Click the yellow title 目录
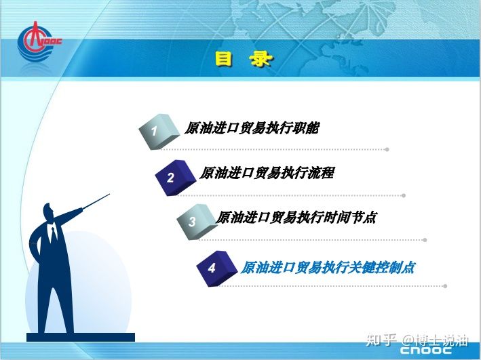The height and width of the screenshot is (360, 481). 244,58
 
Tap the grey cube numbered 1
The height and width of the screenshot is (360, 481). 159,132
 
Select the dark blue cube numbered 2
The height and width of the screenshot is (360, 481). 176,178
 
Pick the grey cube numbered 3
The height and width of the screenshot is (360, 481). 197,222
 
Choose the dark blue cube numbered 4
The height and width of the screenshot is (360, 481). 217,268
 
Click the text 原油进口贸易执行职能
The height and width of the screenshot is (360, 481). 252,128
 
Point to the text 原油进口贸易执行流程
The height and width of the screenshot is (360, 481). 267,173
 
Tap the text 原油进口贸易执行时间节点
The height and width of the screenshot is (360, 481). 296,218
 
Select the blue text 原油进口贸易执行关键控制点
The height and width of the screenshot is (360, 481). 328,267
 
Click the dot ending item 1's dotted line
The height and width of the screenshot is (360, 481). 387,149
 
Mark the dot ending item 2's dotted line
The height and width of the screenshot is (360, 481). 404,195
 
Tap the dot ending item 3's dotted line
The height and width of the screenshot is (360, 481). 425,240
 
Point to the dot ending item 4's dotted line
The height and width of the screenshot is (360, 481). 445,286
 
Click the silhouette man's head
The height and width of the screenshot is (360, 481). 48,212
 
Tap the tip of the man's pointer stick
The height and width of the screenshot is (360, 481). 109,194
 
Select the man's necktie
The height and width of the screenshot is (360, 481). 54,234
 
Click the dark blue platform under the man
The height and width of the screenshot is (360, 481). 81,338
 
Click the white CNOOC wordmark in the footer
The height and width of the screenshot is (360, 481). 426,350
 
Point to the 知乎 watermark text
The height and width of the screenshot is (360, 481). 381,340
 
